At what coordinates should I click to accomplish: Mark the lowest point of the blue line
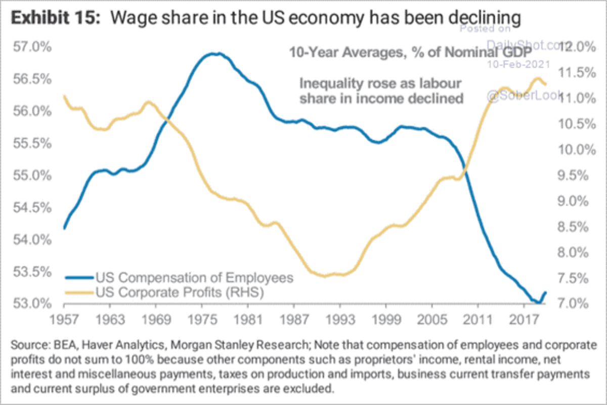click(x=539, y=303)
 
